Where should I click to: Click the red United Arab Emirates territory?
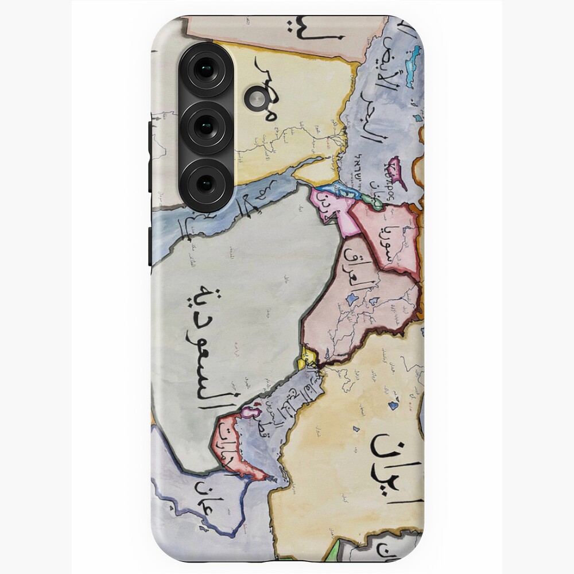pos(230,445)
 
